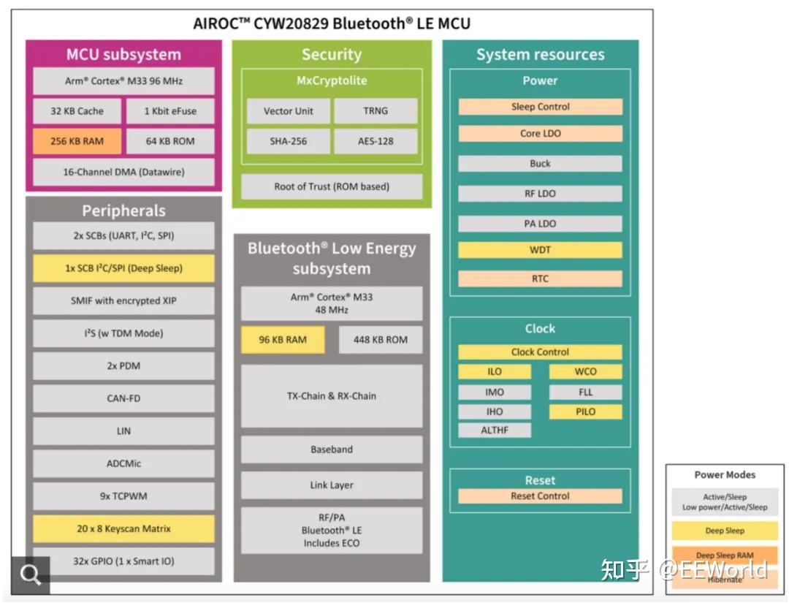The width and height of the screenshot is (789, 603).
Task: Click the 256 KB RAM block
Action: pyautogui.click(x=77, y=141)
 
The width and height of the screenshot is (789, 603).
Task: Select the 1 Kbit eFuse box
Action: pyautogui.click(x=170, y=111)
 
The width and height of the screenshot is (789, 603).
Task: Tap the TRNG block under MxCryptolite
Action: pyautogui.click(x=376, y=111)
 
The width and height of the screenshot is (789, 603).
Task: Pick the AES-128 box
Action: pyautogui.click(x=376, y=141)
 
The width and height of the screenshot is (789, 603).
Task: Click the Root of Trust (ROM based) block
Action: pyautogui.click(x=332, y=186)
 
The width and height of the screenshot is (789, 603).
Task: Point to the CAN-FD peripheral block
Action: pyautogui.click(x=123, y=398)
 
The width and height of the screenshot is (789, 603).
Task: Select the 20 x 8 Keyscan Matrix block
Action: pyautogui.click(x=123, y=528)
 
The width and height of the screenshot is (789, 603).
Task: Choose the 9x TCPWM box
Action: pyautogui.click(x=123, y=496)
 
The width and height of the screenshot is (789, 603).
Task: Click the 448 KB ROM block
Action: pyautogui.click(x=380, y=340)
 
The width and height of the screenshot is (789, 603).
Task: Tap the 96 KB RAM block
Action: pyautogui.click(x=283, y=340)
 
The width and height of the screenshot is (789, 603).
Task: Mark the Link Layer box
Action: pyautogui.click(x=332, y=485)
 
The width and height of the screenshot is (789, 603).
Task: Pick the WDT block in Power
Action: pyautogui.click(x=540, y=250)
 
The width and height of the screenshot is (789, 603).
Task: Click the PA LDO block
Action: pyautogui.click(x=540, y=224)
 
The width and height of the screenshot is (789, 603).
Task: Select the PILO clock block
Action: pyautogui.click(x=585, y=412)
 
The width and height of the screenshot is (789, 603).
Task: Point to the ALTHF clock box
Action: pyautogui.click(x=495, y=431)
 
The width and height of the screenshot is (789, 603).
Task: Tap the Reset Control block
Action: pyautogui.click(x=540, y=496)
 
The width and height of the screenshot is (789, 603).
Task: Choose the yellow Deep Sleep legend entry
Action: pyautogui.click(x=725, y=531)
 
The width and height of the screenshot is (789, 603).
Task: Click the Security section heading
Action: pyautogui.click(x=332, y=55)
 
